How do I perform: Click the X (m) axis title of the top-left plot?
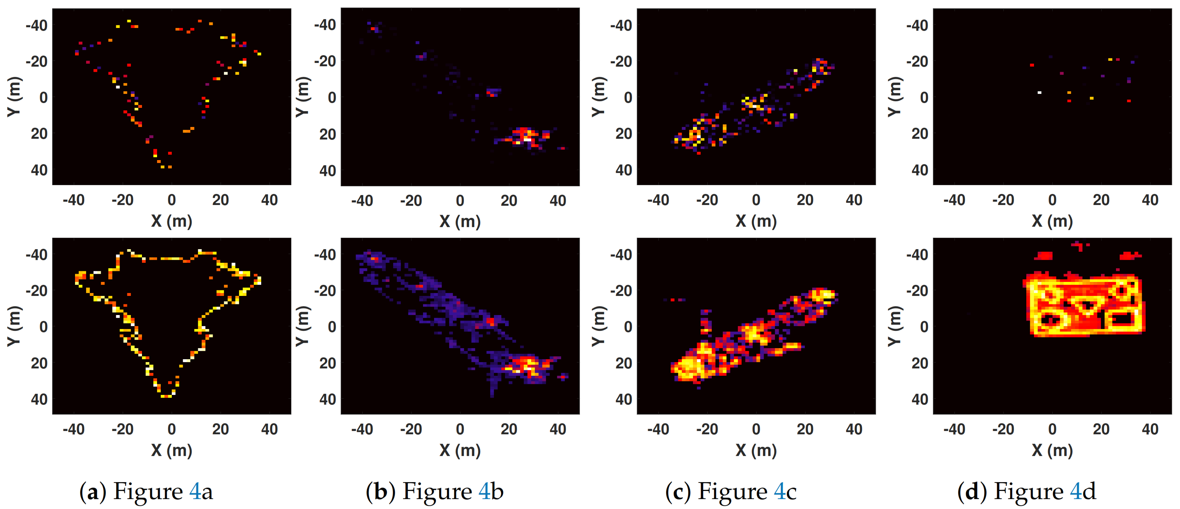click(x=171, y=221)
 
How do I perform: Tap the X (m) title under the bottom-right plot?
click(x=1052, y=450)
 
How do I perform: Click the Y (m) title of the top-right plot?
click(x=895, y=97)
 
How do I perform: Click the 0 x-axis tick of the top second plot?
click(x=460, y=201)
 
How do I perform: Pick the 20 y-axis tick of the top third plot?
click(x=624, y=134)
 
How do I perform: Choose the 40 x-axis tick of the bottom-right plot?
click(x=1150, y=429)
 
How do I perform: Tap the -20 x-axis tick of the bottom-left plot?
click(x=122, y=429)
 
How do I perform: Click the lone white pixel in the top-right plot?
click(x=1039, y=92)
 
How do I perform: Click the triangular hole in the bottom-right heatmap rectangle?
click(x=1085, y=304)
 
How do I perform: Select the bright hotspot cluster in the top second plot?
click(x=526, y=135)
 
